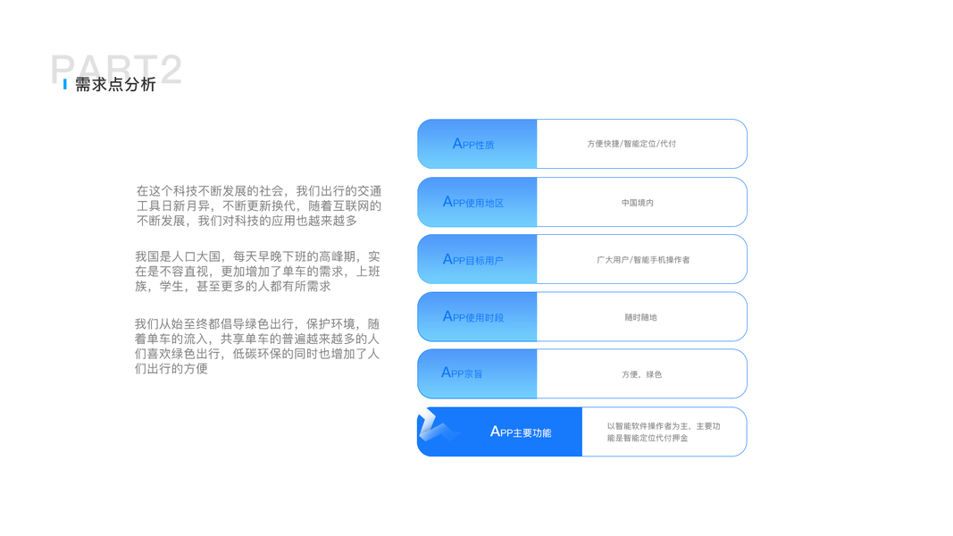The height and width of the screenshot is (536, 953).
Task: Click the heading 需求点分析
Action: [115, 85]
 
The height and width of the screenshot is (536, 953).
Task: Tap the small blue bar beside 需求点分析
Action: [65, 85]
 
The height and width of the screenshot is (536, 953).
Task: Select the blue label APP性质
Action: [473, 144]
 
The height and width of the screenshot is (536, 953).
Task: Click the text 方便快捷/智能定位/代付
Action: [631, 144]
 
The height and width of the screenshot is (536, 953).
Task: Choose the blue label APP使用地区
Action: [473, 202]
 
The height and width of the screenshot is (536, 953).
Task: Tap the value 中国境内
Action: [638, 203]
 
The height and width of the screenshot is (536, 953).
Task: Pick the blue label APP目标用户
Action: [473, 260]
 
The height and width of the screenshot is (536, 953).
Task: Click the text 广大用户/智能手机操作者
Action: [643, 260]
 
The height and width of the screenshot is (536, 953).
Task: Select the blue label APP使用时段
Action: [473, 317]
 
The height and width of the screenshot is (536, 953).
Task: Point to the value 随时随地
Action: [640, 317]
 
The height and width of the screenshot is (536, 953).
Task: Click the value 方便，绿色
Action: [641, 374]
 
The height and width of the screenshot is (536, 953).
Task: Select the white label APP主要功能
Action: [521, 432]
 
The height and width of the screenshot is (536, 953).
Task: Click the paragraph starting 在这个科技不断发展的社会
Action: [258, 205]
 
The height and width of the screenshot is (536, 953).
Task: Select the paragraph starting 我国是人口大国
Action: [257, 272]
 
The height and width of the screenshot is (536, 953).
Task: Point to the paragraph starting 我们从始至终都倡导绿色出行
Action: [257, 346]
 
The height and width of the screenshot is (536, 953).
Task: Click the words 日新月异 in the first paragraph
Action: [196, 205]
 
